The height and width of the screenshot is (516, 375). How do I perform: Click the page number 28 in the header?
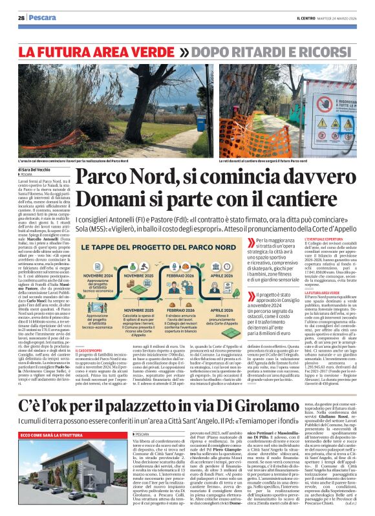[x=21, y=18]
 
